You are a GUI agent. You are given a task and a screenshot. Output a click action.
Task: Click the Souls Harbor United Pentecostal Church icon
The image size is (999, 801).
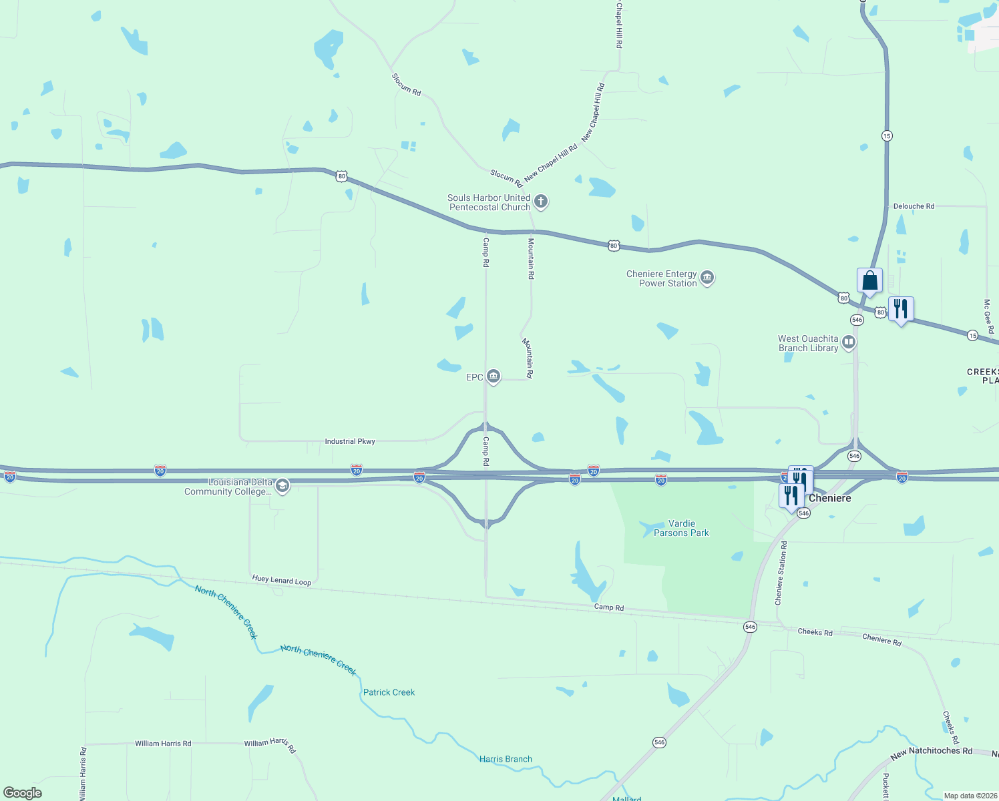pos(541,201)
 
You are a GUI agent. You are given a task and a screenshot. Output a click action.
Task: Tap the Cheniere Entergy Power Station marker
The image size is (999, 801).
pos(707,277)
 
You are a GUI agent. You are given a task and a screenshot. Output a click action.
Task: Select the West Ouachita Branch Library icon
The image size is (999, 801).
pos(849,342)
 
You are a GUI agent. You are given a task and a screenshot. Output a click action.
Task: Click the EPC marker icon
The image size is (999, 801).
pos(493,377)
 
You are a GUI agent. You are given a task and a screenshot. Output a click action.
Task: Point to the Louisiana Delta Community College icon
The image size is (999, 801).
pos(282,486)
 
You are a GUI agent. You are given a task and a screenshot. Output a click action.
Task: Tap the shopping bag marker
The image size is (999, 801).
pos(869,281)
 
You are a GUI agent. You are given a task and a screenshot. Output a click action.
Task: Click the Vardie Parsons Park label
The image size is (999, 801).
pos(681,528)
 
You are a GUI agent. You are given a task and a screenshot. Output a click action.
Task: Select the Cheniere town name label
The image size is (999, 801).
pos(829,498)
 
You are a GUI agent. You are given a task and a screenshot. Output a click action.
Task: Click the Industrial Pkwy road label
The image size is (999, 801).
pos(350,441)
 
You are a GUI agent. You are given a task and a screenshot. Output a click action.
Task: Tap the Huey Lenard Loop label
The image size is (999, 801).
pos(282,581)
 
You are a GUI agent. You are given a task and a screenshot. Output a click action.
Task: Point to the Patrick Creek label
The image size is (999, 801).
pos(389,692)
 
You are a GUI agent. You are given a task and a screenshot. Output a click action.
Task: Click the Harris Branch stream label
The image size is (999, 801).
pos(506,759)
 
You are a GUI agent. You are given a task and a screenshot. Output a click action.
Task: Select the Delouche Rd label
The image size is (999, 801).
pos(914,206)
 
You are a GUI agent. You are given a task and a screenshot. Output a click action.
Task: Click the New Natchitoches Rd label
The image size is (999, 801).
pos(932,753)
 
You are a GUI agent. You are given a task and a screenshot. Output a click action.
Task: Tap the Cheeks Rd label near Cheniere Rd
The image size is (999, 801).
pos(815,631)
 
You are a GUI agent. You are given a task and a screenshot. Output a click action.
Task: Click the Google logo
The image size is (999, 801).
pos(23,792)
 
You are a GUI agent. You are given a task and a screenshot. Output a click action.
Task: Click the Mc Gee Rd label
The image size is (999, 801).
pos(988,316)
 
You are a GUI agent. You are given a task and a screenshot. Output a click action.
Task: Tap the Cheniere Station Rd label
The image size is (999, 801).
pos(781,573)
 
